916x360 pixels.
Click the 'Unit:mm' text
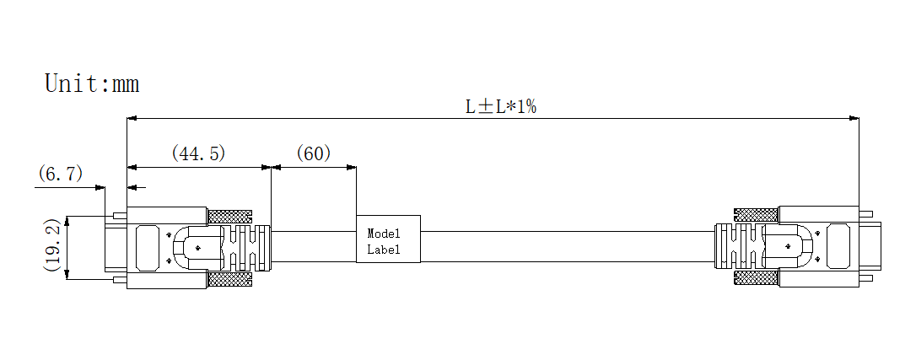click(91, 83)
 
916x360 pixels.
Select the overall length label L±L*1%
click(502, 107)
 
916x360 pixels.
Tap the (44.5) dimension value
click(199, 153)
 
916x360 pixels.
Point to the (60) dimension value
click(313, 153)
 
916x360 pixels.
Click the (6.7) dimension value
click(61, 175)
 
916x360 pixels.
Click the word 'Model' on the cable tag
click(382, 233)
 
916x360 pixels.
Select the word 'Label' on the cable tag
click(382, 250)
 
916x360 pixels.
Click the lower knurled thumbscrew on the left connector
click(229, 278)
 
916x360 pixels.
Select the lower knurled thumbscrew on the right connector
click(756, 278)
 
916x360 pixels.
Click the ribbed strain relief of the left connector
click(248, 246)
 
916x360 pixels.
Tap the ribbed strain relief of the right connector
click(735, 246)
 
